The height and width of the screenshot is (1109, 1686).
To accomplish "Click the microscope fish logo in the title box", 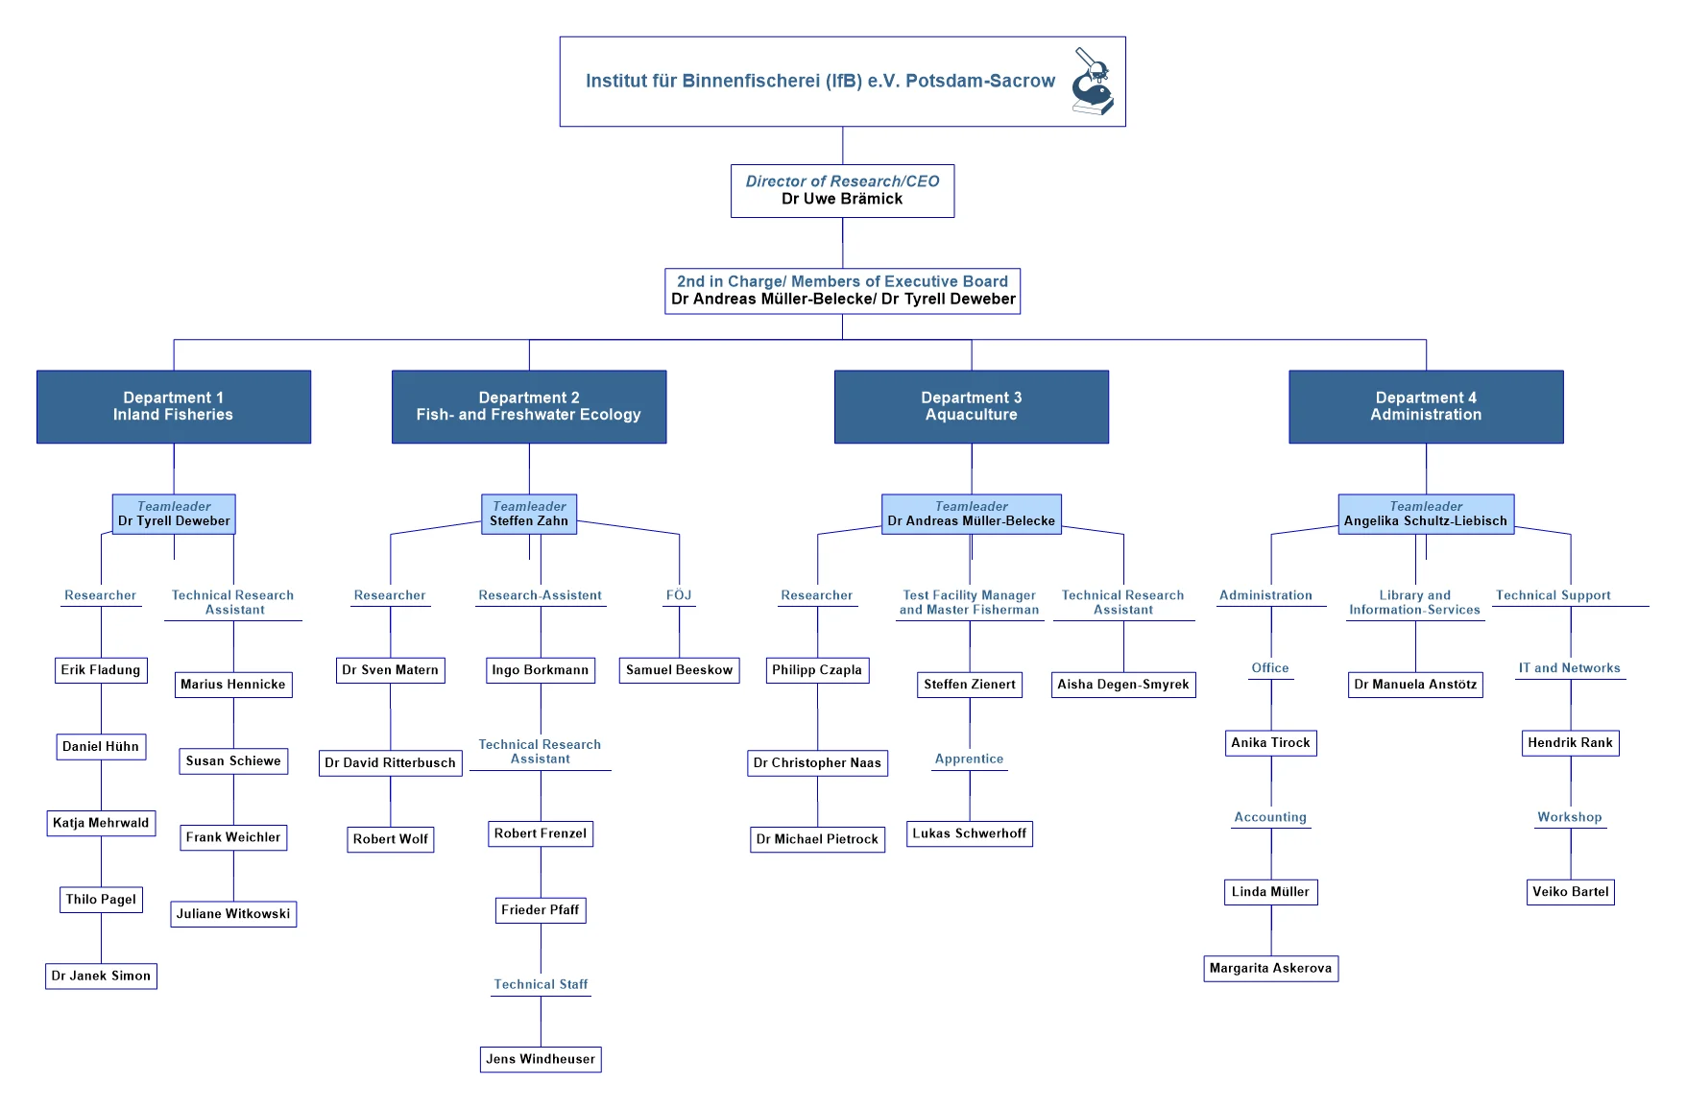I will click(1093, 82).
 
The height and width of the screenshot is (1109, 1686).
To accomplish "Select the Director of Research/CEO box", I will click(842, 190).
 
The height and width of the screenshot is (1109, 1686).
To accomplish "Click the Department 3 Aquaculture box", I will click(971, 406).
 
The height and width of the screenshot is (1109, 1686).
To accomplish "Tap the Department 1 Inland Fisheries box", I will click(174, 406).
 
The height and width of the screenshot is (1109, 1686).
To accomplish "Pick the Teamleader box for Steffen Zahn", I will click(529, 514).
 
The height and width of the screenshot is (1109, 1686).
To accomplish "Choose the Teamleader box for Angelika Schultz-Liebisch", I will click(1426, 514).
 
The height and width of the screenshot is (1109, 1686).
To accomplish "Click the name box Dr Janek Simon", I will click(101, 976).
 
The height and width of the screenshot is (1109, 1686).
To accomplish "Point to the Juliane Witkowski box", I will click(233, 913).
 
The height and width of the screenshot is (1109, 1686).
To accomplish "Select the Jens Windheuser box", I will click(541, 1059).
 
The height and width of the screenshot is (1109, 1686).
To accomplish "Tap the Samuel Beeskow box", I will click(679, 670).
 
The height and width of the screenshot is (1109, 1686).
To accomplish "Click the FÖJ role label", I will click(679, 595).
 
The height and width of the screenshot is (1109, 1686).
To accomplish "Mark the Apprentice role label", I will click(970, 759).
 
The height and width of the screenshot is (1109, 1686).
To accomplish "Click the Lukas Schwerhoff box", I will click(970, 833).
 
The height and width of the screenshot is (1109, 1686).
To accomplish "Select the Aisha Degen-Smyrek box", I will click(1123, 685).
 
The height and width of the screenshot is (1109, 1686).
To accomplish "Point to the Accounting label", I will click(1270, 817).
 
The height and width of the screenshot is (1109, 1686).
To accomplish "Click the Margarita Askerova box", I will click(1270, 968).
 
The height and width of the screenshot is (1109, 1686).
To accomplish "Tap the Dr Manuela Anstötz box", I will click(1415, 685).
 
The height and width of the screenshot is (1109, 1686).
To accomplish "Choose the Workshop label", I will click(1570, 817).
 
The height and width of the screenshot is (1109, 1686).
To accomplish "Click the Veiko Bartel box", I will click(1571, 892).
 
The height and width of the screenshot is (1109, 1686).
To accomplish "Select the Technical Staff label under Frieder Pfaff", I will click(541, 984).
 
